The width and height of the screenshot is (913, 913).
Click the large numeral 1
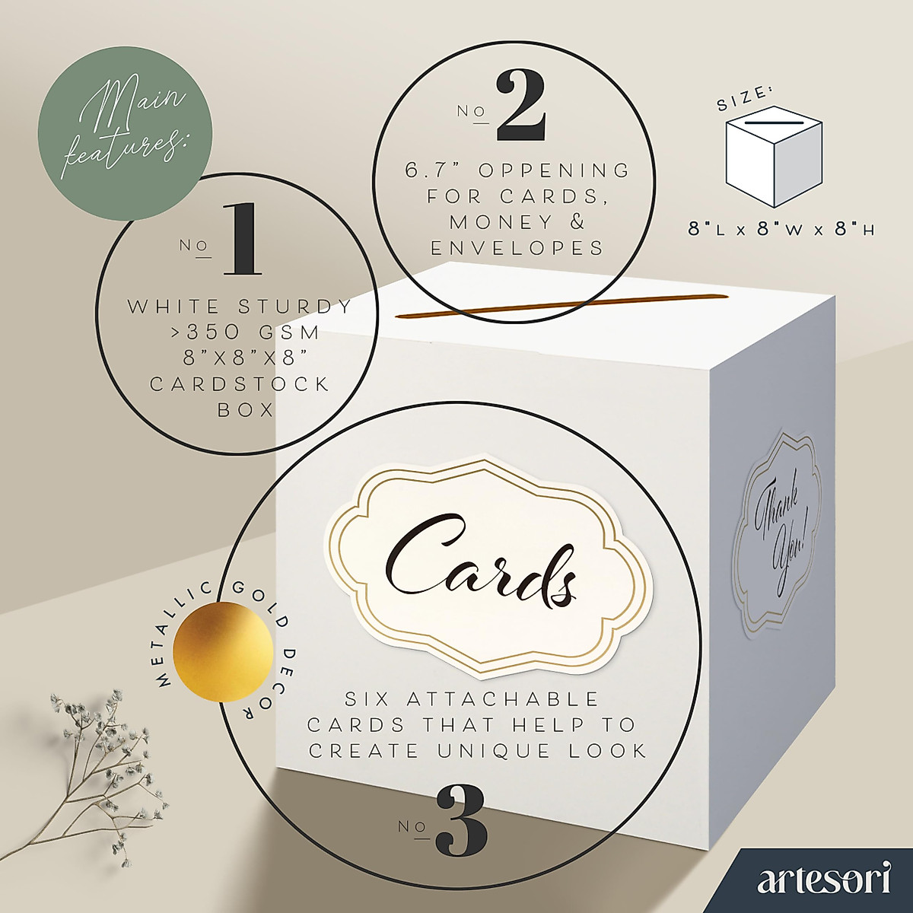242,240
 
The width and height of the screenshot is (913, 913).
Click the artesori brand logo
824,881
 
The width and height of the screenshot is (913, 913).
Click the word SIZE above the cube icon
744,99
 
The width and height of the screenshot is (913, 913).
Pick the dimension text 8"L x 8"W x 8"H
781,228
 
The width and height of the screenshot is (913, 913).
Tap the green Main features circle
126,133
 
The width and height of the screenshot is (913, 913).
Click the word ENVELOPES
517,248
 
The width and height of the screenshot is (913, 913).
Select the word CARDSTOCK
240,383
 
